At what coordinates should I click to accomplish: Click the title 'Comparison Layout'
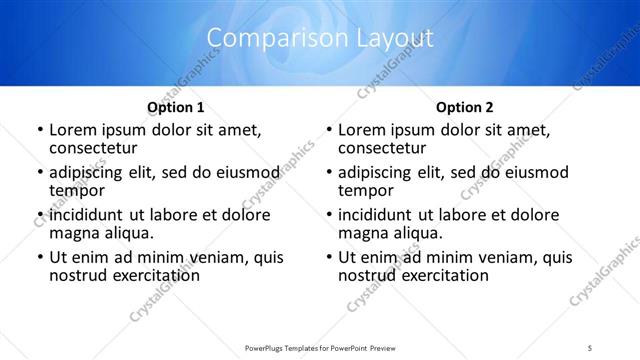click(320, 39)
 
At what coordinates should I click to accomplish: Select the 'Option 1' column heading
click(176, 107)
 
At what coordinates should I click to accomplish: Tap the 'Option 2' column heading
click(464, 107)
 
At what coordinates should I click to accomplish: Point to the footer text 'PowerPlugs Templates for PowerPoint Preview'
click(319, 347)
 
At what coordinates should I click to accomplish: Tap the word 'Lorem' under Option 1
click(72, 130)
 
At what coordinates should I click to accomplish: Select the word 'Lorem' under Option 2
click(361, 130)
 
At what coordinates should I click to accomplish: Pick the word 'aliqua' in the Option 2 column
click(419, 233)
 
